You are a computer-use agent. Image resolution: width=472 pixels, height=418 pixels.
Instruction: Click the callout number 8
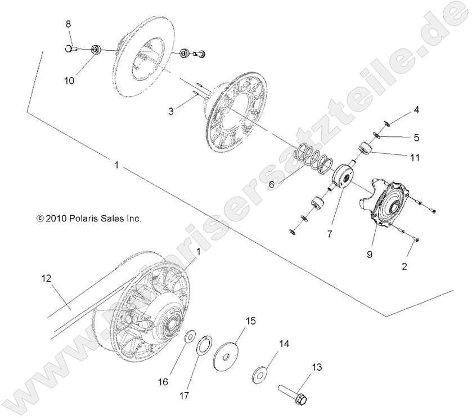tap(69, 24)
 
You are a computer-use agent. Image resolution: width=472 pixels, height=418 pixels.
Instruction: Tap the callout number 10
tap(69, 81)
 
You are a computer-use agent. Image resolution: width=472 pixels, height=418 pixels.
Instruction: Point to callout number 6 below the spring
tap(271, 184)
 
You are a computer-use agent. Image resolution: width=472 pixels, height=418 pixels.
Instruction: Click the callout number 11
tap(415, 158)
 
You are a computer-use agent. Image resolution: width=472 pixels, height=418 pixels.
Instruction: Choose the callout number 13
tap(317, 367)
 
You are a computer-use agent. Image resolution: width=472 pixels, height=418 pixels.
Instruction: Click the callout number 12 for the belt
tap(46, 278)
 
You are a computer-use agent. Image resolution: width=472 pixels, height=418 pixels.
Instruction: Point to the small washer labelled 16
tap(190, 337)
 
